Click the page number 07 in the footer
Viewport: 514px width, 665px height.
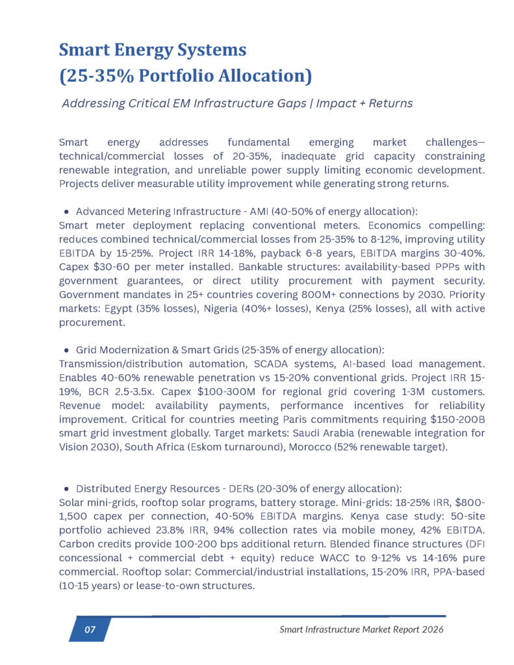tap(90, 629)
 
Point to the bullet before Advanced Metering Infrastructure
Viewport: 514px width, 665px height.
tap(68, 212)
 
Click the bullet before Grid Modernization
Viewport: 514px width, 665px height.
tap(68, 349)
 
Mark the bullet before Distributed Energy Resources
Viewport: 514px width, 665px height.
tap(68, 488)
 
